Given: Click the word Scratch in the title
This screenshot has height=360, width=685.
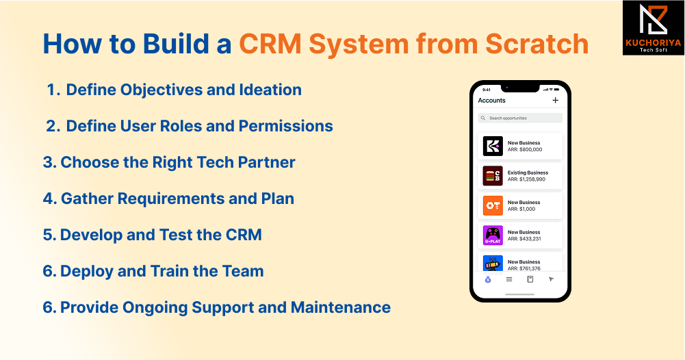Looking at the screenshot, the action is click(x=537, y=44).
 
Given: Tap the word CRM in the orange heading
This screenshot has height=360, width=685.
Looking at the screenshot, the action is click(x=270, y=44).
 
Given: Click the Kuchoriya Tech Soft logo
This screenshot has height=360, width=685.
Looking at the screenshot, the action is click(x=653, y=27).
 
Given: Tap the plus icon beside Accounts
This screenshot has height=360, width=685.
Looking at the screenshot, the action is click(x=555, y=100).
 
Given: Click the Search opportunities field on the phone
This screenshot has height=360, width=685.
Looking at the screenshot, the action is click(x=520, y=118).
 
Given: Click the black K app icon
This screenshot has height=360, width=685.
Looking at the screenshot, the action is click(x=493, y=146).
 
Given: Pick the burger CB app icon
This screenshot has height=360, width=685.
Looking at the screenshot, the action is click(x=493, y=176).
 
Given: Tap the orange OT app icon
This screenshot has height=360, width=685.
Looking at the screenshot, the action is click(x=493, y=205).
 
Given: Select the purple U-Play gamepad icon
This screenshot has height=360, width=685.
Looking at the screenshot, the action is click(x=493, y=235).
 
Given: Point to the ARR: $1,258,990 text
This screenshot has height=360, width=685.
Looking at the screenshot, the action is click(x=526, y=179).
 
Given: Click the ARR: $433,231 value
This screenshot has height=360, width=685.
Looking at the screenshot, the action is click(x=524, y=239).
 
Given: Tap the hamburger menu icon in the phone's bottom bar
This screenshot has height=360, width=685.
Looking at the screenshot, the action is click(x=509, y=279).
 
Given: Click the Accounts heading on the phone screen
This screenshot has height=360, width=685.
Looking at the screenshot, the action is click(x=491, y=100).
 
